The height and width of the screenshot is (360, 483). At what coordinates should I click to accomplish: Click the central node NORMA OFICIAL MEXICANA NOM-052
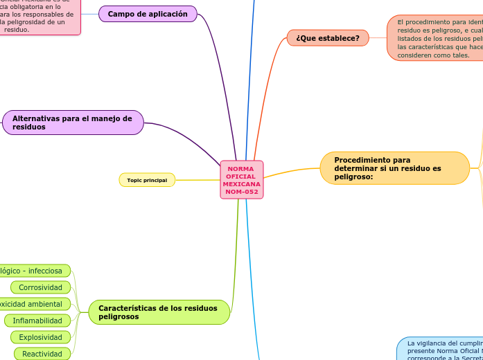point(242,180)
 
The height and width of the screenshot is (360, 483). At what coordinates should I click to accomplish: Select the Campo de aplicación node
point(148,14)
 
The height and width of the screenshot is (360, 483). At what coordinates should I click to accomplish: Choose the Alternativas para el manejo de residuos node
point(73,123)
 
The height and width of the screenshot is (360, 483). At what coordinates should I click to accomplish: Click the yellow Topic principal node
point(147,180)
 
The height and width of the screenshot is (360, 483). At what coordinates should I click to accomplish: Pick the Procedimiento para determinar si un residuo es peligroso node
point(394,168)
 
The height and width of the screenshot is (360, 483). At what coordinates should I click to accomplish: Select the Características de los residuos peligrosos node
point(159,312)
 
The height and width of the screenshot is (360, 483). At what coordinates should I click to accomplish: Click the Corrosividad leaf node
point(40,287)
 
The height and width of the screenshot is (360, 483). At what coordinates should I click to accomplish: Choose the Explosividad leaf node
point(40,337)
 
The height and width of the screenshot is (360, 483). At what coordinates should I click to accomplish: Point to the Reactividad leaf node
point(42,354)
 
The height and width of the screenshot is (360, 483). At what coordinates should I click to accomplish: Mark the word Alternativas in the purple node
point(35,118)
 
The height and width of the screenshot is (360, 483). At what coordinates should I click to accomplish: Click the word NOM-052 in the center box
point(242,192)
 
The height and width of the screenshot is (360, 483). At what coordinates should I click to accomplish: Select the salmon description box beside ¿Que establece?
point(435,38)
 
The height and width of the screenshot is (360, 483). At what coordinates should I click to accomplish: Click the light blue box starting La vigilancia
point(440,349)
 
